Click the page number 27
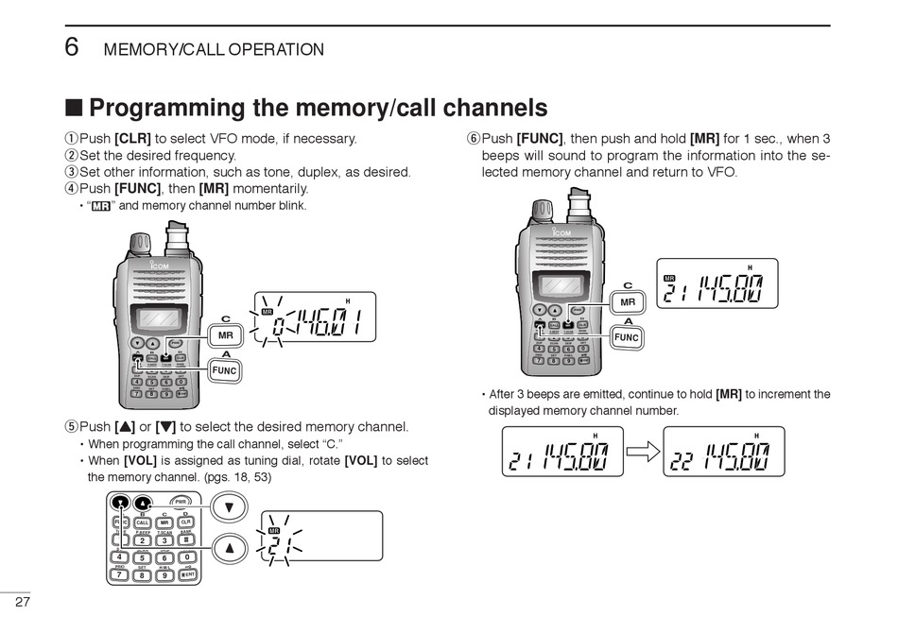pos(24,603)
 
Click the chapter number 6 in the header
pos(71,46)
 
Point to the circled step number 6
pos(474,139)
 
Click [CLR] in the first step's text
pos(132,139)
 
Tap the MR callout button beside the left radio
pos(226,335)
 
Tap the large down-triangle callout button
pos(228,507)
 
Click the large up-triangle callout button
pos(228,547)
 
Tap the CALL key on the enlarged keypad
pos(142,523)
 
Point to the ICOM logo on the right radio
pos(561,233)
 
